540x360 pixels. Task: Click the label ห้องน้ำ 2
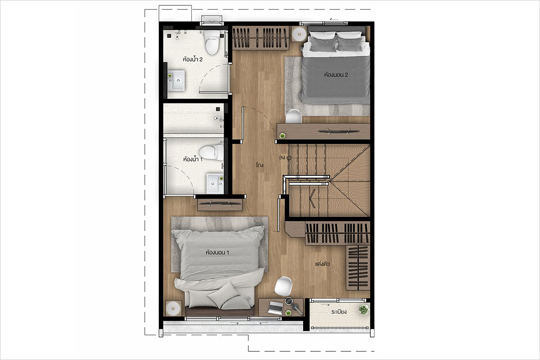pos(193,59)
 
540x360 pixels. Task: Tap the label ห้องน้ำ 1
pos(193,159)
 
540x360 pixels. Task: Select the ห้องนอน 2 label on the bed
pos(336,75)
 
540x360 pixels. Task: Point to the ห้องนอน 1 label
pos(217,252)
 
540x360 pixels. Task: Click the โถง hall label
pos(260,165)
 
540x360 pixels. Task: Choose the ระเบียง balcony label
pos(339,312)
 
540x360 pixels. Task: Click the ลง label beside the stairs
pos(282,157)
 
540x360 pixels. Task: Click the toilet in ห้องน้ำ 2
pos(212,43)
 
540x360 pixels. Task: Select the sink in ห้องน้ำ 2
pos(176,81)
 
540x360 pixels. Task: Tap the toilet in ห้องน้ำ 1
pos(211,153)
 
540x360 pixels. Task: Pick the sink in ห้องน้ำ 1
pos(215,183)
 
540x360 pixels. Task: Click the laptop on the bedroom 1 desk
pos(276,308)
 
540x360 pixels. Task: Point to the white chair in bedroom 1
pos(283,287)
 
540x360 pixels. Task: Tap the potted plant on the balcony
pos(364,310)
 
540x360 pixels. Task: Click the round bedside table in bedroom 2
pos(299,34)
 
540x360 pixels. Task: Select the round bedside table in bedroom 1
pos(173,308)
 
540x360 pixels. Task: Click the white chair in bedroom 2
pos(293,116)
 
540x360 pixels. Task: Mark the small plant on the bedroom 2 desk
pos(282,136)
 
